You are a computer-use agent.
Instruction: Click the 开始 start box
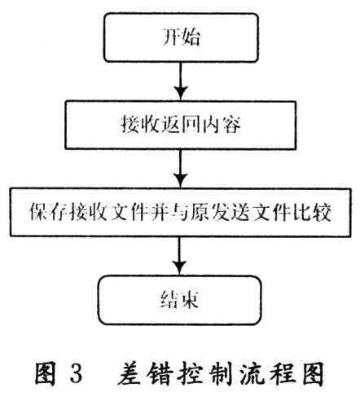click(x=181, y=37)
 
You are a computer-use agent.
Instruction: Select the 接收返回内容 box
click(x=180, y=125)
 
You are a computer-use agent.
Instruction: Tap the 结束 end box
click(x=180, y=300)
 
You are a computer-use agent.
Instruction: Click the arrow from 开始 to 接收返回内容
click(x=181, y=82)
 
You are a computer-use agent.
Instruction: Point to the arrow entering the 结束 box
click(x=179, y=256)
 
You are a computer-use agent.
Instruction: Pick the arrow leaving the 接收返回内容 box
click(x=180, y=169)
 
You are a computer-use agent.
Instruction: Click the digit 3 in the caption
click(x=76, y=373)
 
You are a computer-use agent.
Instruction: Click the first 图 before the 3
click(x=46, y=373)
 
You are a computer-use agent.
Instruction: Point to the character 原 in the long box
click(x=200, y=212)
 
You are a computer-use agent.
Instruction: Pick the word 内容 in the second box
click(x=221, y=125)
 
